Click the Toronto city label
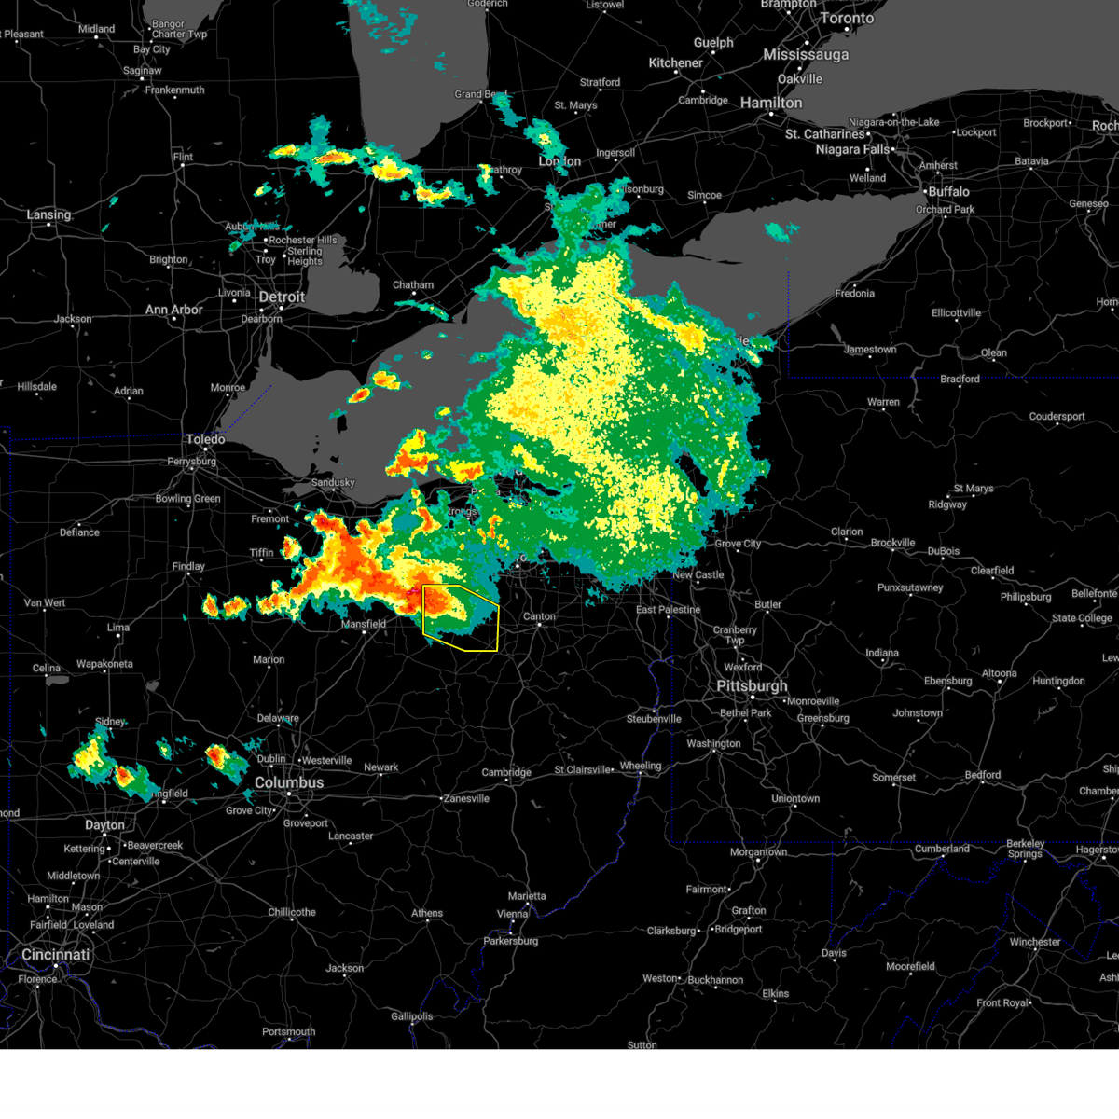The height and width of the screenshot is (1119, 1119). tap(847, 19)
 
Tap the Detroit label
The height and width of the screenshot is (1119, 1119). tap(282, 297)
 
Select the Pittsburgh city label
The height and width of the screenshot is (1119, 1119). tap(752, 685)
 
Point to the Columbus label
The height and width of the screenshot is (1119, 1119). tap(289, 782)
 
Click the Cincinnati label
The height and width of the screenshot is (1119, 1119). tap(56, 955)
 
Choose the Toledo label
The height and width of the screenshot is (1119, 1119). tap(205, 439)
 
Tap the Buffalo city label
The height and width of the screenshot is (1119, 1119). tap(948, 191)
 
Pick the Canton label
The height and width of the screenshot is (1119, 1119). tap(539, 616)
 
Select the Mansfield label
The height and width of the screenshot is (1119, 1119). tap(364, 624)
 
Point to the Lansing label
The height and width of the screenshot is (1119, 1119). tap(48, 214)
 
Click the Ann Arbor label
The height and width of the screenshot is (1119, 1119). tap(173, 310)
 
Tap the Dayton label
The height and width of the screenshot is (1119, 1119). tap(104, 825)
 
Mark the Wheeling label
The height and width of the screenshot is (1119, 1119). tap(641, 766)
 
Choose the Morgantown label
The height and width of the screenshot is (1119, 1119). tap(758, 852)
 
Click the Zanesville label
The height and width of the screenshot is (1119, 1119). tap(466, 798)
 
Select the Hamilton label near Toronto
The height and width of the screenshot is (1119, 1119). tap(771, 103)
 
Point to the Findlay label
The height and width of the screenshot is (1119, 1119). tap(188, 566)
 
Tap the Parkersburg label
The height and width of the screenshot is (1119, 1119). tap(511, 941)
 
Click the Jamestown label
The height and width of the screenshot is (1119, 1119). tap(870, 350)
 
